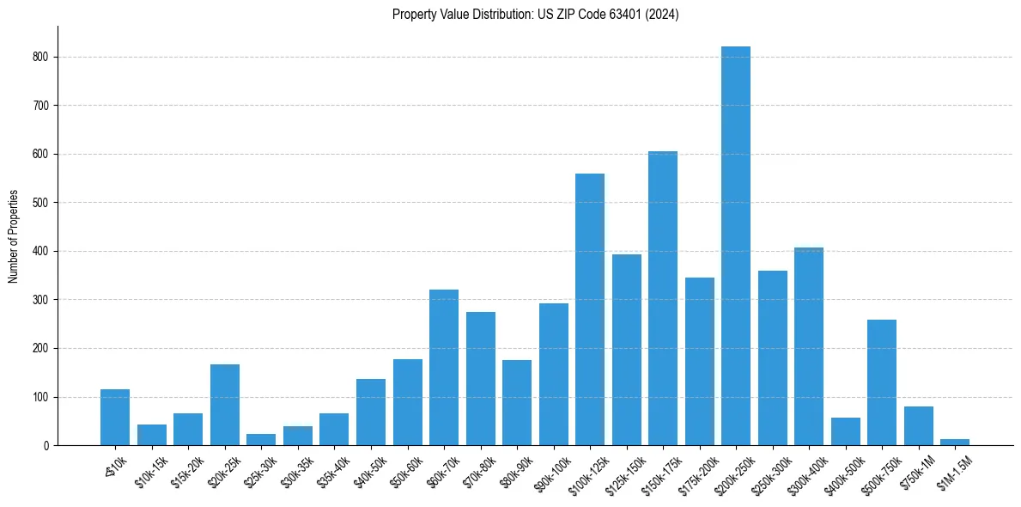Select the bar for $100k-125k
pos(589,309)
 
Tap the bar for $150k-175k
pos(662,298)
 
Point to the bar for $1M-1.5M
pos(954,442)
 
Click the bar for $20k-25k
pos(224,405)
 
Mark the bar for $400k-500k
pos(845,431)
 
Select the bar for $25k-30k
pos(261,439)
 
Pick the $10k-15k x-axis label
pos(153,471)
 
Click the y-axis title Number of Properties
pos(13,236)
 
